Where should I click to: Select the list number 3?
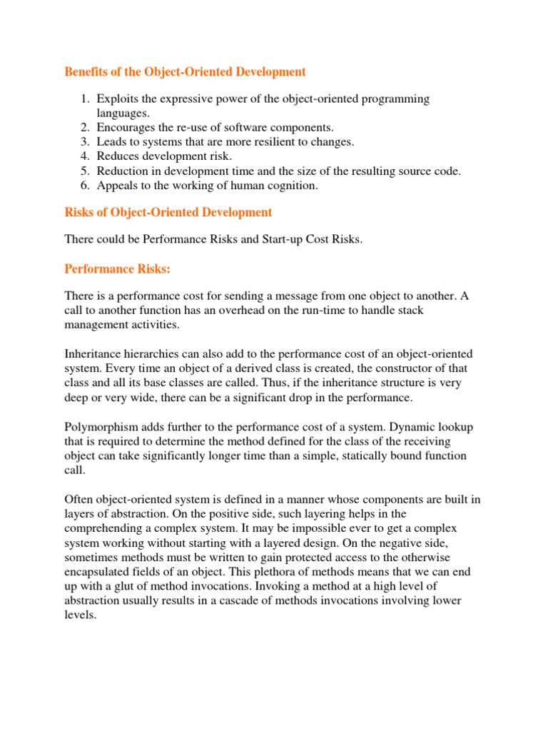click(x=84, y=142)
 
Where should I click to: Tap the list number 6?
click(x=84, y=186)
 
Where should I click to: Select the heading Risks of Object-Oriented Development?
click(x=168, y=212)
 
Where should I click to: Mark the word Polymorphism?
click(x=98, y=426)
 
